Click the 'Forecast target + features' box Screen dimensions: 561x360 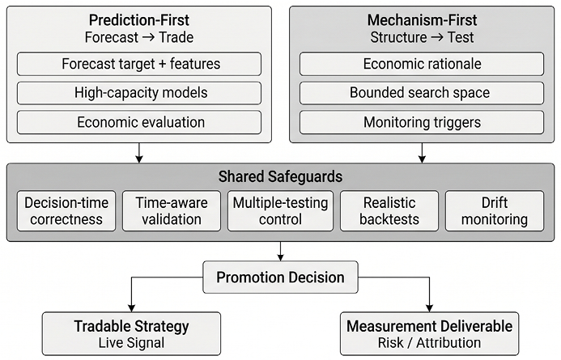click(139, 64)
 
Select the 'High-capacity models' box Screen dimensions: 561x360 click(139, 93)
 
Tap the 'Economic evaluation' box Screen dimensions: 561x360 click(139, 122)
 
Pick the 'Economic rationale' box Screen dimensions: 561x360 click(422, 64)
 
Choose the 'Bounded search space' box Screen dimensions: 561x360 click(422, 93)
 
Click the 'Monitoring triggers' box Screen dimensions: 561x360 click(422, 122)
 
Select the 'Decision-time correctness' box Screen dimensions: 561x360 click(66, 211)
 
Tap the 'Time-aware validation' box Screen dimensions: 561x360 click(172, 211)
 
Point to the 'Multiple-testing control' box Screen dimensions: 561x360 click(280, 211)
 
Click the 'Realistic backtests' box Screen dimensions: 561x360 click(389, 211)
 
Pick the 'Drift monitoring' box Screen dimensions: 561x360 click(495, 211)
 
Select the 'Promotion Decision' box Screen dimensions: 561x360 click(280, 277)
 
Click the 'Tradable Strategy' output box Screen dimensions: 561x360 click(131, 334)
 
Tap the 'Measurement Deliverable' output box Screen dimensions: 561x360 click(429, 334)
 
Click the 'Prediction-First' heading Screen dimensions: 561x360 click(139, 20)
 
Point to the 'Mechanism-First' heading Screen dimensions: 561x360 click(423, 20)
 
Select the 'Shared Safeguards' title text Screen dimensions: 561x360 click(280, 176)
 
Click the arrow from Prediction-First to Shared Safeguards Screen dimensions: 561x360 click(139, 153)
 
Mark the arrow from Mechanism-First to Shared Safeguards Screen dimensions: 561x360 click(423, 153)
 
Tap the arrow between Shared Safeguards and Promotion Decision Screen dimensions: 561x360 click(280, 252)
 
